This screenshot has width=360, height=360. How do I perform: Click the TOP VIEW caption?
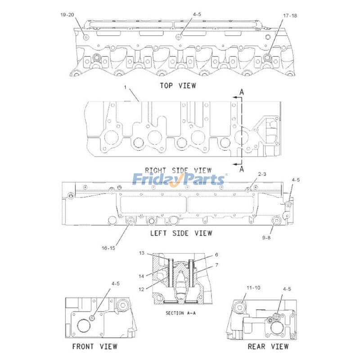pyautogui.click(x=178, y=85)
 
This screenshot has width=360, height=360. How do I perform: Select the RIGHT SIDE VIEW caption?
pyautogui.click(x=178, y=171)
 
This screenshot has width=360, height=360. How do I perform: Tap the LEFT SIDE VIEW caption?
pyautogui.click(x=181, y=233)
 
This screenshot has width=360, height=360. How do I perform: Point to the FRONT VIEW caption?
pyautogui.click(x=94, y=346)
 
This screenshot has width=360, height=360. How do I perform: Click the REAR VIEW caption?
pyautogui.click(x=268, y=346)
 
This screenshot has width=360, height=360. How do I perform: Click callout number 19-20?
pyautogui.click(x=67, y=14)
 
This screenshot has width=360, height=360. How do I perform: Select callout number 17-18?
pyautogui.click(x=290, y=16)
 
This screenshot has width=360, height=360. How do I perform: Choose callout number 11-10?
pyautogui.click(x=252, y=287)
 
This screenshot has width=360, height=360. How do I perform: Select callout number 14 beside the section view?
pyautogui.click(x=141, y=276)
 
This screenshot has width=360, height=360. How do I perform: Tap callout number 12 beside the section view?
pyautogui.click(x=141, y=289)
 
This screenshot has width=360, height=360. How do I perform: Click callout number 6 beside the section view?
pyautogui.click(x=216, y=254)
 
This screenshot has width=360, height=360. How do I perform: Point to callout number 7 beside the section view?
pyautogui.click(x=216, y=265)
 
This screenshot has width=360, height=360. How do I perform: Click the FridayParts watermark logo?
pyautogui.click(x=179, y=180)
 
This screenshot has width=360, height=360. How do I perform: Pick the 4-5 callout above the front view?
pyautogui.click(x=115, y=283)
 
